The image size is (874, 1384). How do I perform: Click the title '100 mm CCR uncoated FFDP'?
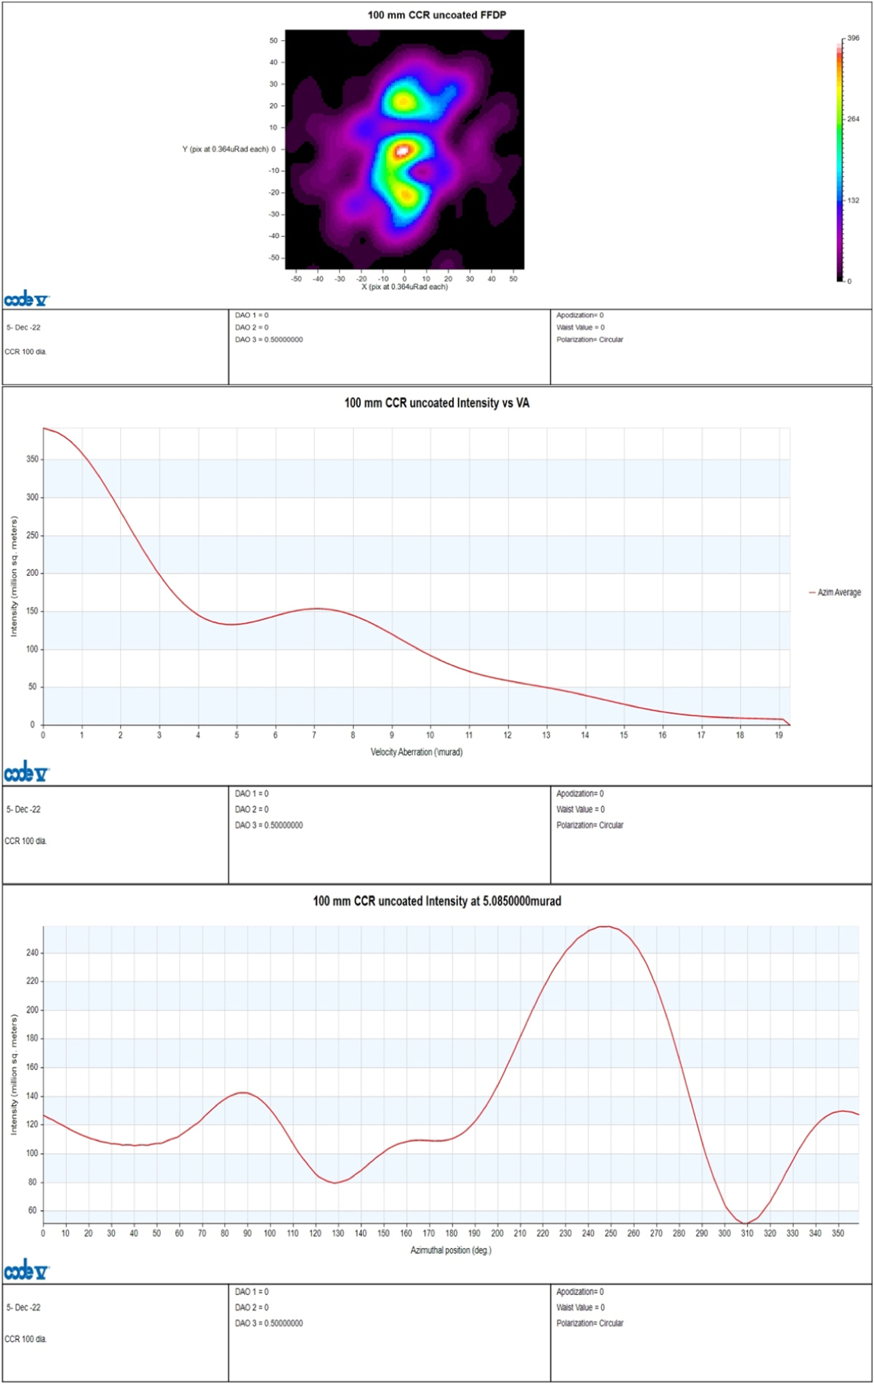click(x=436, y=15)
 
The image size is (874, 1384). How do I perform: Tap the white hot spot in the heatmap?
click(x=403, y=151)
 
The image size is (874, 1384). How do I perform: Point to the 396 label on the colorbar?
click(x=853, y=38)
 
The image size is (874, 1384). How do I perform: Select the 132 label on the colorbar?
click(x=853, y=201)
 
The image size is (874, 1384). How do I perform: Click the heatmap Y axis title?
click(x=225, y=150)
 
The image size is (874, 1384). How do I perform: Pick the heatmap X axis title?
click(x=405, y=287)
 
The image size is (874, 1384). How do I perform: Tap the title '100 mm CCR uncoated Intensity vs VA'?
click(x=436, y=403)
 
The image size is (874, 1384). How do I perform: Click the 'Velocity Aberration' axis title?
click(x=417, y=752)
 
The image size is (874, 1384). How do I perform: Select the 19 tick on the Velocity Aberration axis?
click(x=779, y=735)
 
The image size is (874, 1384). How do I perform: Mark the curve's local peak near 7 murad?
click(x=317, y=608)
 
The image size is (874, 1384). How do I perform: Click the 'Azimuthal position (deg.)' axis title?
click(x=450, y=1250)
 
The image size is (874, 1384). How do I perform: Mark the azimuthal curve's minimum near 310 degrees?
click(x=745, y=1224)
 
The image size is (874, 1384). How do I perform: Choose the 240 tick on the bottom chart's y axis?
click(x=32, y=953)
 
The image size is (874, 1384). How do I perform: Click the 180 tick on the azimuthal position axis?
click(x=452, y=1233)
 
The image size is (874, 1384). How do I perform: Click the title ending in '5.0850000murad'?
click(x=436, y=901)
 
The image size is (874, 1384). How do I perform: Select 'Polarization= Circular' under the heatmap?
click(x=590, y=340)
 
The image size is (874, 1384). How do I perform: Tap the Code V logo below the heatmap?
click(x=27, y=300)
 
